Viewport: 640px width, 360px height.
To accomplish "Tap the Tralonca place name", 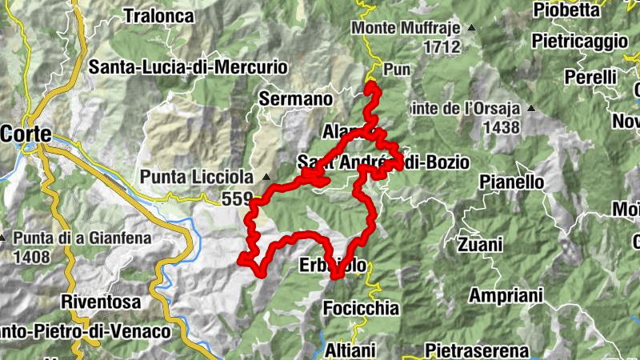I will click(x=159, y=14).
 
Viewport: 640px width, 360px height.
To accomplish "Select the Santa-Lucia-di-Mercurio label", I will click(x=188, y=67).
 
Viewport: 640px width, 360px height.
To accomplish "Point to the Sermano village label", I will click(x=295, y=99).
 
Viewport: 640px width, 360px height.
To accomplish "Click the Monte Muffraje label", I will click(x=406, y=29).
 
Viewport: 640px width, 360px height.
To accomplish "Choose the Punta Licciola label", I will click(x=196, y=176).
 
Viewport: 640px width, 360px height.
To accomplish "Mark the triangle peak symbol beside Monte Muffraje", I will click(x=471, y=29).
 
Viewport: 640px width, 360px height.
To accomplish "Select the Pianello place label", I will click(x=512, y=182).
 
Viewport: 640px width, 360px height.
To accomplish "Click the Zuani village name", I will click(x=480, y=244).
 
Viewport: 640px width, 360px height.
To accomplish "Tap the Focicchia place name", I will click(x=361, y=307).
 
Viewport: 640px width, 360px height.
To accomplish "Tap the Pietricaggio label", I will click(x=580, y=39).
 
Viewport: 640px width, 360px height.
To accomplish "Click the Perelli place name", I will click(x=590, y=77).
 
